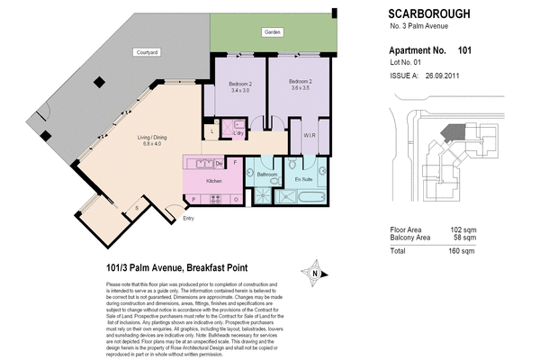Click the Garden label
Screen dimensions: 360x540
coord(274,33)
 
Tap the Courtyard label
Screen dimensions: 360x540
coord(147,53)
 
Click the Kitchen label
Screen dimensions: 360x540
coord(214,182)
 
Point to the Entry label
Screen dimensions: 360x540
coord(188,219)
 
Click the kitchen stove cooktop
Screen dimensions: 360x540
coord(199,165)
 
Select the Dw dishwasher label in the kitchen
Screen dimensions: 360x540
coord(220,164)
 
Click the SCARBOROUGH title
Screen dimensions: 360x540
coord(428,14)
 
